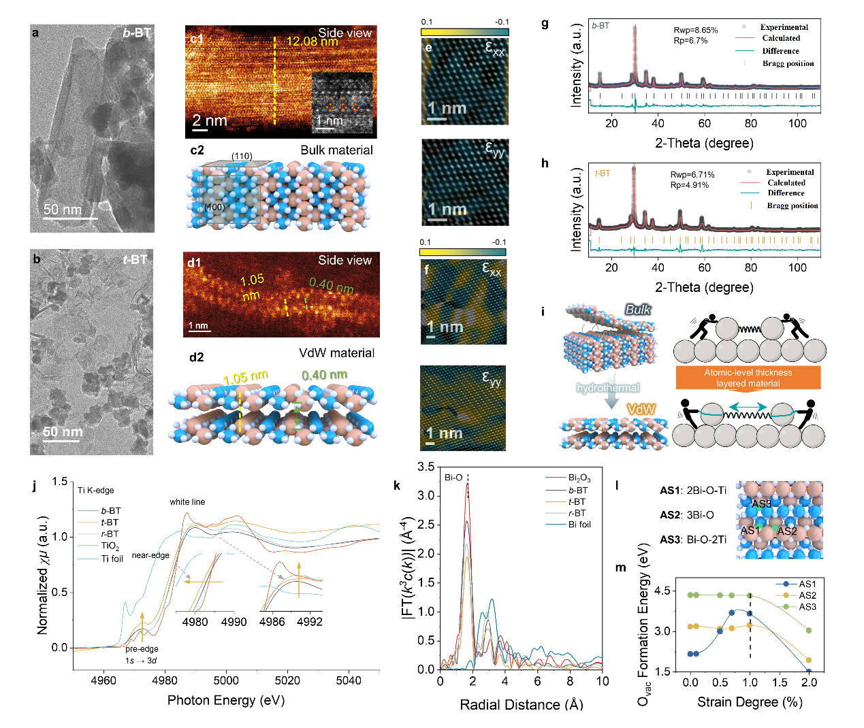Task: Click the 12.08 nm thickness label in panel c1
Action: (312, 42)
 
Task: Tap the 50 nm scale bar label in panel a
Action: (62, 210)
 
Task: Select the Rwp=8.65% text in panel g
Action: (695, 30)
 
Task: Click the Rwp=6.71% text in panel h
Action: (692, 175)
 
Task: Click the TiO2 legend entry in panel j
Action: (110, 546)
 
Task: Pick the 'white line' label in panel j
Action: (187, 502)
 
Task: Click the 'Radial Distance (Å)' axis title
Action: (521, 705)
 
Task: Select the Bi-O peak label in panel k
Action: (453, 478)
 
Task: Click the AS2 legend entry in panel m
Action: (807, 595)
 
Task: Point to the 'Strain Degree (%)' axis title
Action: (750, 702)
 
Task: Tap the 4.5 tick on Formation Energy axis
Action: (662, 591)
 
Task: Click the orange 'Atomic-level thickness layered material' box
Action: (748, 378)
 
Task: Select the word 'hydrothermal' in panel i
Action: (608, 388)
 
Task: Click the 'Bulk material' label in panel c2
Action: (336, 150)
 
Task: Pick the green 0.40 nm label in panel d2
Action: (324, 375)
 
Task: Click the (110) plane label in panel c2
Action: (242, 156)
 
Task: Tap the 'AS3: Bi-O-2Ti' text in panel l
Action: (692, 540)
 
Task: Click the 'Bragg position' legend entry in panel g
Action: (788, 63)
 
